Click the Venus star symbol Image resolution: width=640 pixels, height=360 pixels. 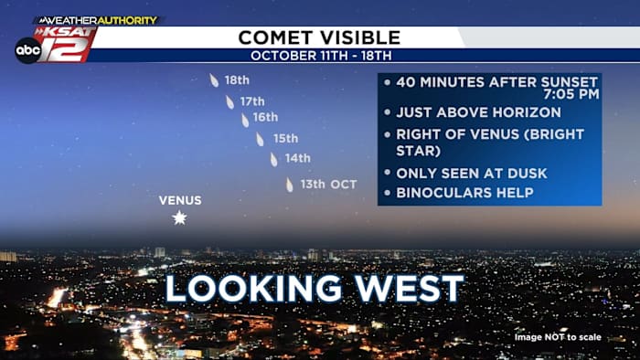click(x=179, y=217)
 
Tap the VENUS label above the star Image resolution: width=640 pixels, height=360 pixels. click(x=180, y=200)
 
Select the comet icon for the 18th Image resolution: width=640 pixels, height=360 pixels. click(x=214, y=80)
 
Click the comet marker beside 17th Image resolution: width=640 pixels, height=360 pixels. click(x=229, y=102)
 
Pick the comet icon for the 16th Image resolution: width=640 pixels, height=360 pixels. click(x=245, y=121)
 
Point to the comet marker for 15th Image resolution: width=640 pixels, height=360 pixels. click(x=260, y=140)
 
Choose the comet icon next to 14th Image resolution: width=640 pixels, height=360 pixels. click(x=273, y=159)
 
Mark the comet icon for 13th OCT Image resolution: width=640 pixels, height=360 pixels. click(x=290, y=185)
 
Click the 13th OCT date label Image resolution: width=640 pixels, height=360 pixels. click(x=328, y=185)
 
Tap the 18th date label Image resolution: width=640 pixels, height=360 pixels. click(x=237, y=80)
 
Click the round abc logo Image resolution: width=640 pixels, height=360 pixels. click(x=28, y=50)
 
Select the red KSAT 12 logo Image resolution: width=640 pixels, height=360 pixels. click(x=66, y=44)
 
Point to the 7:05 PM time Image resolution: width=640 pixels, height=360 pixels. click(x=571, y=94)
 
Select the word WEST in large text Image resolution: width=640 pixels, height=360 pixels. click(x=410, y=288)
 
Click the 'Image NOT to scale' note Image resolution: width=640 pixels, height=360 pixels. click(x=558, y=337)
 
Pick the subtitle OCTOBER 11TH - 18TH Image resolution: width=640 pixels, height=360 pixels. click(x=321, y=56)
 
